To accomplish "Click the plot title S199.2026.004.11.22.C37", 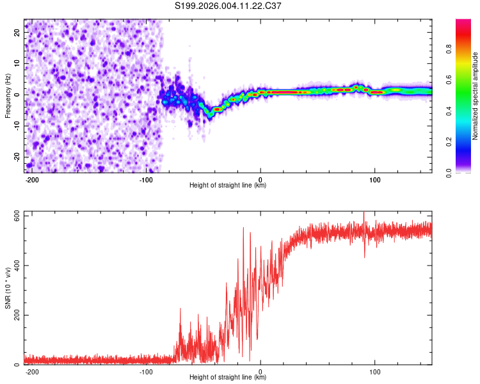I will pyautogui.click(x=228, y=6).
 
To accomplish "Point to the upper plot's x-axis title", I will pyautogui.click(x=228, y=186).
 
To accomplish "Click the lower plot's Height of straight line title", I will pyautogui.click(x=228, y=378).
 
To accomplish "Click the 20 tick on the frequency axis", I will pyautogui.click(x=17, y=32).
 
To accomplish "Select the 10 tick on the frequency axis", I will pyautogui.click(x=17, y=63).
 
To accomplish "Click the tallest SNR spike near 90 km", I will pyautogui.click(x=364, y=213).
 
